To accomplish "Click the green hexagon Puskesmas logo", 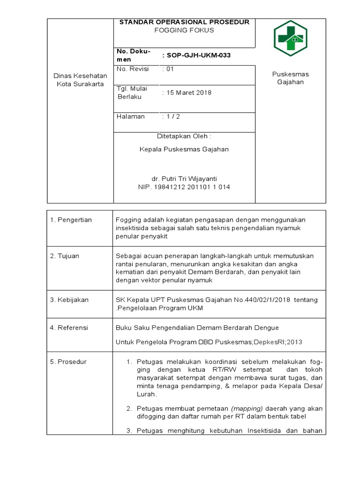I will [290, 39].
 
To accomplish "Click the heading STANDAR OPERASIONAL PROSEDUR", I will [184, 22].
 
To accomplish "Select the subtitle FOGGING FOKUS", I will [184, 30].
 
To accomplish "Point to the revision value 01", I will [168, 69].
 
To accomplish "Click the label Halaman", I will [131, 117].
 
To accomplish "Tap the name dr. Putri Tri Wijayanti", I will [184, 179].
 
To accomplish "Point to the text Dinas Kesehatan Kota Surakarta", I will [80, 80].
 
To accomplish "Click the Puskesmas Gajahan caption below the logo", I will [290, 78].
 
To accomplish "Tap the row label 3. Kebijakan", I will [69, 300].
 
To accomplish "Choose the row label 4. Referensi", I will [69, 328].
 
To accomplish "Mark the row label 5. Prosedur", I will [68, 362].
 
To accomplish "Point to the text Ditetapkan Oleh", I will [184, 136].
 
